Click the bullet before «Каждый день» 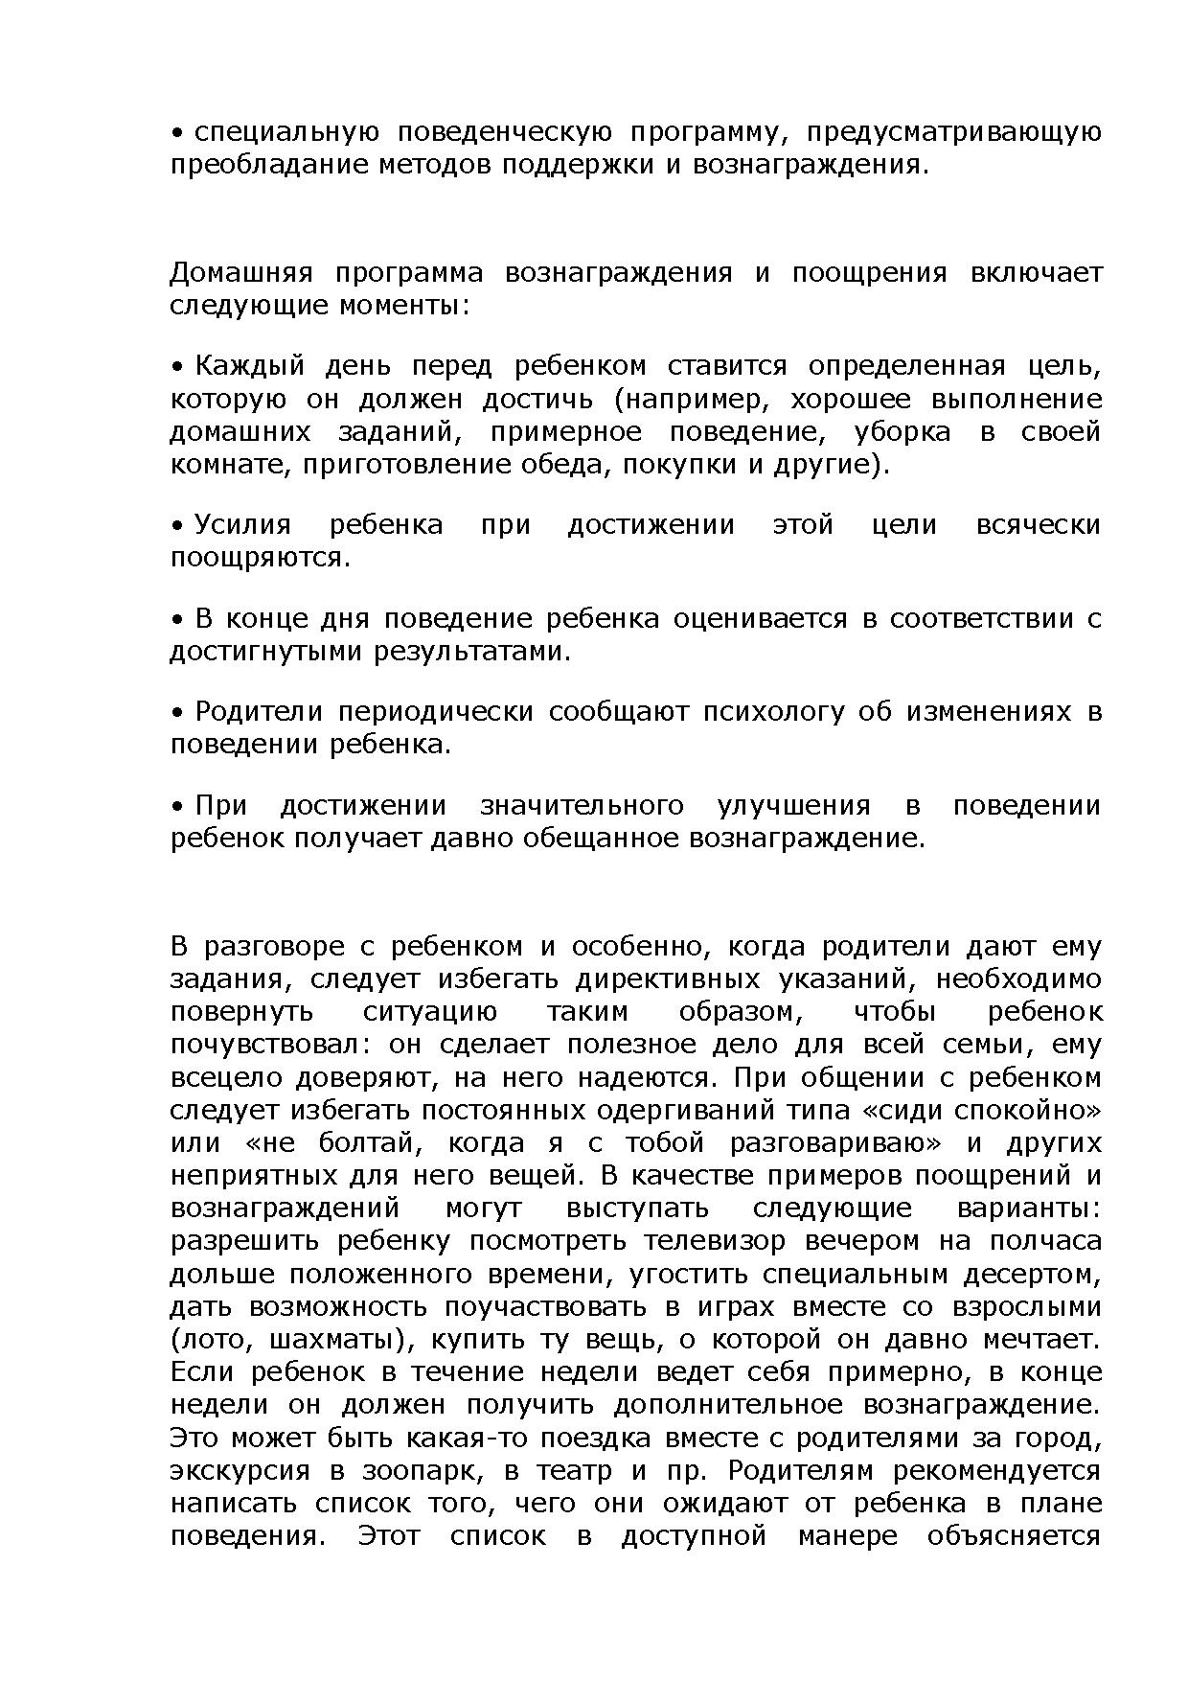pos(177,367)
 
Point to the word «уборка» pos(902,432)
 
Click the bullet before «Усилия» pos(177,525)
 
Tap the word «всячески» pos(1038,525)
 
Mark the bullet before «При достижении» pos(177,806)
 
